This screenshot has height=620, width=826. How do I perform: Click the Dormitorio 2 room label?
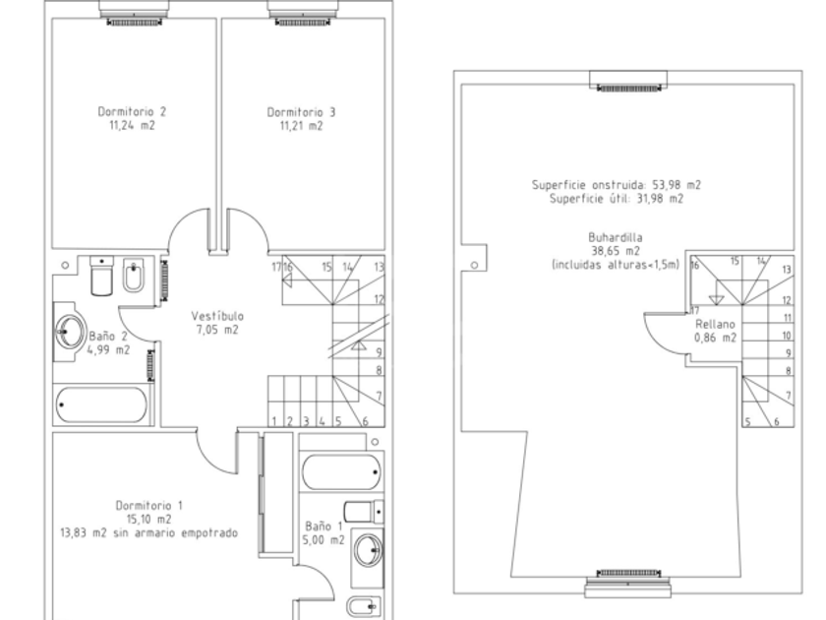pyautogui.click(x=132, y=112)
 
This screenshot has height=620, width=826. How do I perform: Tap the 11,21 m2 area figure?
pyautogui.click(x=301, y=126)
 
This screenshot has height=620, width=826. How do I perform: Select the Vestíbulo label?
pyautogui.click(x=217, y=316)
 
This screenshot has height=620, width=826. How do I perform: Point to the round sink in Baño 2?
pyautogui.click(x=70, y=331)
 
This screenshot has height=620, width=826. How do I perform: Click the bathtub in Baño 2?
pyautogui.click(x=101, y=404)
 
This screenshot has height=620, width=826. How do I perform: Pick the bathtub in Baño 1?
pyautogui.click(x=341, y=471)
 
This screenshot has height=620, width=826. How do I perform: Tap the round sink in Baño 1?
pyautogui.click(x=368, y=550)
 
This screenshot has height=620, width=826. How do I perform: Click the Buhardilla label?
pyautogui.click(x=616, y=238)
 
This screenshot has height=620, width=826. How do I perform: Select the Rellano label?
pyautogui.click(x=715, y=324)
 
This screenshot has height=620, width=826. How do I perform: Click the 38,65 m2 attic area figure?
pyautogui.click(x=616, y=252)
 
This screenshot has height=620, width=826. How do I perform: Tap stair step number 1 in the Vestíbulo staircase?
pyautogui.click(x=274, y=421)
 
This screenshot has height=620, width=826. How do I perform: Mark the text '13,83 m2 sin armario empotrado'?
pyautogui.click(x=149, y=533)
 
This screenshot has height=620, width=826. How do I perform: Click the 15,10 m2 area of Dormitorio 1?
pyautogui.click(x=149, y=520)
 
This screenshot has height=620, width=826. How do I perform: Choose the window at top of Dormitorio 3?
pyautogui.click(x=302, y=13)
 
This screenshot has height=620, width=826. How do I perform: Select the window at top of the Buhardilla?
pyautogui.click(x=628, y=81)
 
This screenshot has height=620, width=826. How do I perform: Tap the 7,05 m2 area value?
pyautogui.click(x=217, y=330)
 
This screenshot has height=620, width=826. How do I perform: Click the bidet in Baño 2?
pyautogui.click(x=134, y=276)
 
